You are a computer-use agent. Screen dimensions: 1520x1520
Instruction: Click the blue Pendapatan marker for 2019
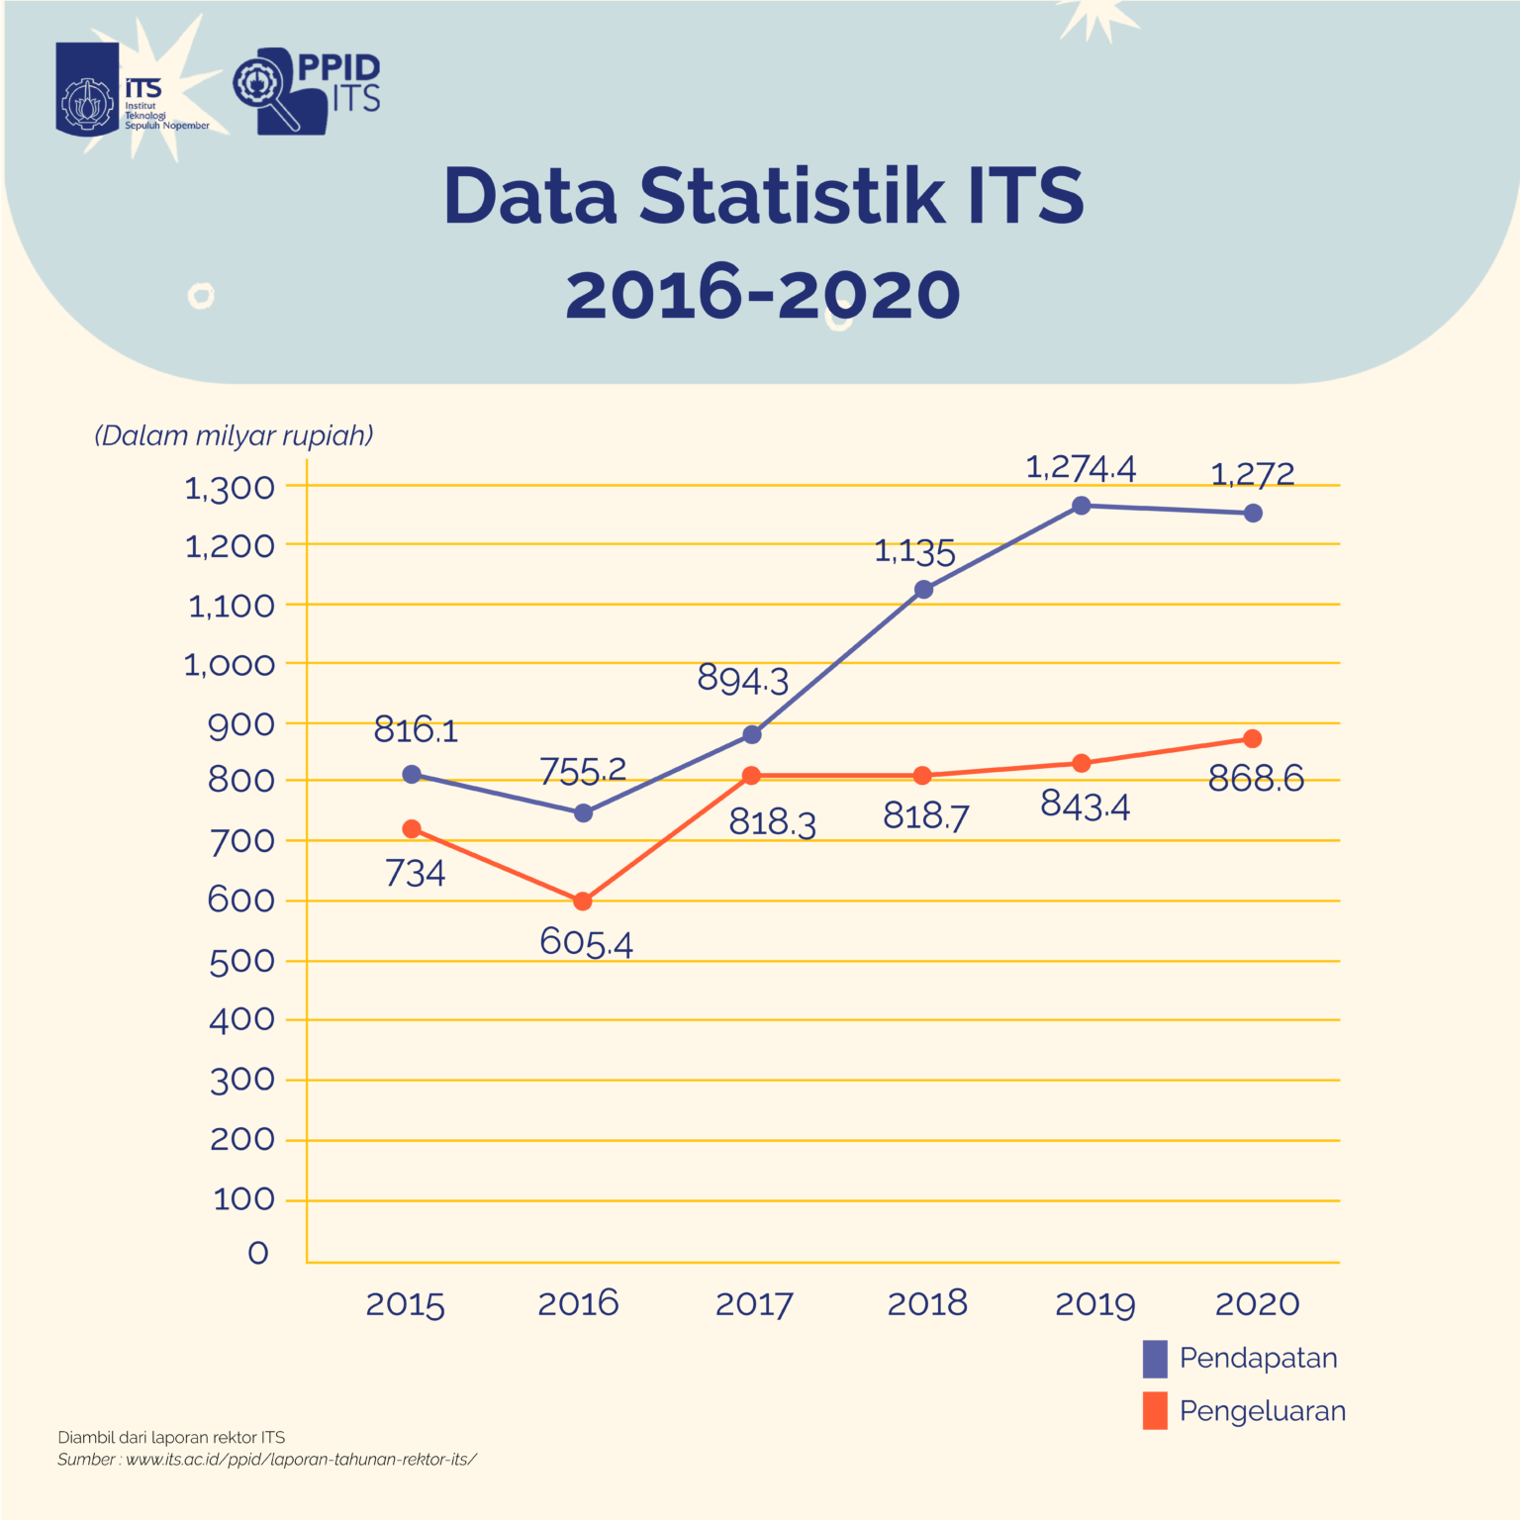pos(1082,506)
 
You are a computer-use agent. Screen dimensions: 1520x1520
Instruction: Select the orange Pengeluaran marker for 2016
pos(583,902)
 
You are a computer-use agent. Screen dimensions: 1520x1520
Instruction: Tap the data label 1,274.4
pos(1081,467)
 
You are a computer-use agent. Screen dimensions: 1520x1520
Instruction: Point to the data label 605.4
pos(586,942)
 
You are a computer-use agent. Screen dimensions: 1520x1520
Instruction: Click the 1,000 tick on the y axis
pos(230,664)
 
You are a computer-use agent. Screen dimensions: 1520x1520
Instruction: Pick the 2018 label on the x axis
pos(927,1303)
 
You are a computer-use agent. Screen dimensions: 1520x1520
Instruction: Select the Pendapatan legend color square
pos(1155,1359)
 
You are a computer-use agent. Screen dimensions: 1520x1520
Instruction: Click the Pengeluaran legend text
pos(1262,1410)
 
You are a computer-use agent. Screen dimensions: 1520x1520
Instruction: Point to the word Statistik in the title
pos(792,196)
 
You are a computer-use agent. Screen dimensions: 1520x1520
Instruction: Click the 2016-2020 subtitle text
pos(763,295)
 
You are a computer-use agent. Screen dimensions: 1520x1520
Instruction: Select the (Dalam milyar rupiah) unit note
pos(234,435)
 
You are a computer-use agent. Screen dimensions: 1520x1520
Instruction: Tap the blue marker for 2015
pos(412,775)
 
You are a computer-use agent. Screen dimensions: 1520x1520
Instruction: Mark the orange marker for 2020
pos(1253,739)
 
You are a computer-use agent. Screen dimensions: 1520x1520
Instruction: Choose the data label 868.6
pos(1256,779)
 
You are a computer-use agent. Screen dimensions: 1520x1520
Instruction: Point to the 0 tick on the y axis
pos(257,1253)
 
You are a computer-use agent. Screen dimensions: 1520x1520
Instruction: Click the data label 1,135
pos(914,552)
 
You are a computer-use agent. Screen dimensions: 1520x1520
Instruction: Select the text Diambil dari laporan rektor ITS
pos(171,1437)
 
